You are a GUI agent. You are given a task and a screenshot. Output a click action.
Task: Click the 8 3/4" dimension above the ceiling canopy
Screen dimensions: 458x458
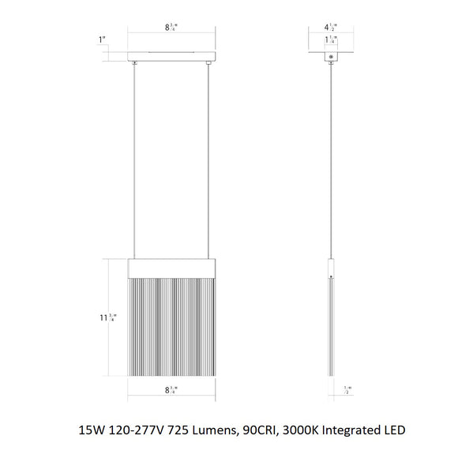171,28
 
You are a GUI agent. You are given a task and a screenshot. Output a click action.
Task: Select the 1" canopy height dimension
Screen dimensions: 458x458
100,39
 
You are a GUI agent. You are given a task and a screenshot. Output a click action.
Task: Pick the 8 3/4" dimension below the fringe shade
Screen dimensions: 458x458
171,389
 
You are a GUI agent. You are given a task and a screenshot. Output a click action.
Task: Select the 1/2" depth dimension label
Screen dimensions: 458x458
348,389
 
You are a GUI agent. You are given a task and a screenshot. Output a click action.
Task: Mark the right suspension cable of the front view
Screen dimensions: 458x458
209,158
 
